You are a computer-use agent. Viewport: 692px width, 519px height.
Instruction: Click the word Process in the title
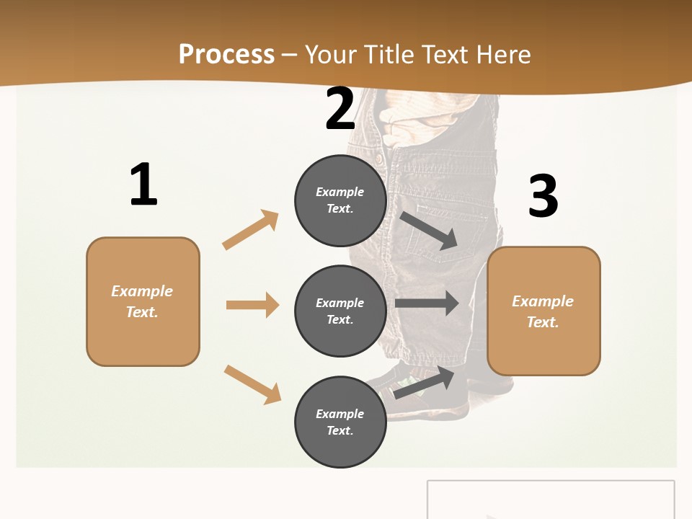pos(226,55)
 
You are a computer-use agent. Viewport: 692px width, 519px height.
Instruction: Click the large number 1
pos(143,185)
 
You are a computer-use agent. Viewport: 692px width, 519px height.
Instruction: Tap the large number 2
pos(340,110)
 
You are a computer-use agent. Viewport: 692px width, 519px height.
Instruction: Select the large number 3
pos(543,197)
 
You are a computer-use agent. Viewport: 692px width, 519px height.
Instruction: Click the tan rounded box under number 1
pos(143,301)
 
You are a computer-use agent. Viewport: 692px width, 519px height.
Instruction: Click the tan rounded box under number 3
pos(544,311)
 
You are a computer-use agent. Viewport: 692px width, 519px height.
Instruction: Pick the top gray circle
pos(340,200)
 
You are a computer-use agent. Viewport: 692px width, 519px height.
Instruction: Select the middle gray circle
pos(340,311)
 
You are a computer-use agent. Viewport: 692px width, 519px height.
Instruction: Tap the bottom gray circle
pos(340,422)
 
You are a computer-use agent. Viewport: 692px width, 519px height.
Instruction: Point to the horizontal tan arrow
pos(252,305)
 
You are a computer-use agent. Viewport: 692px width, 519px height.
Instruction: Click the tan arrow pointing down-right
pos(252,384)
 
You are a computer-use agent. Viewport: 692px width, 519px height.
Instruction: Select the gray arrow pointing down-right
pos(429,230)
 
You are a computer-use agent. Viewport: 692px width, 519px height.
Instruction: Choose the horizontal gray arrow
pos(427,303)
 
